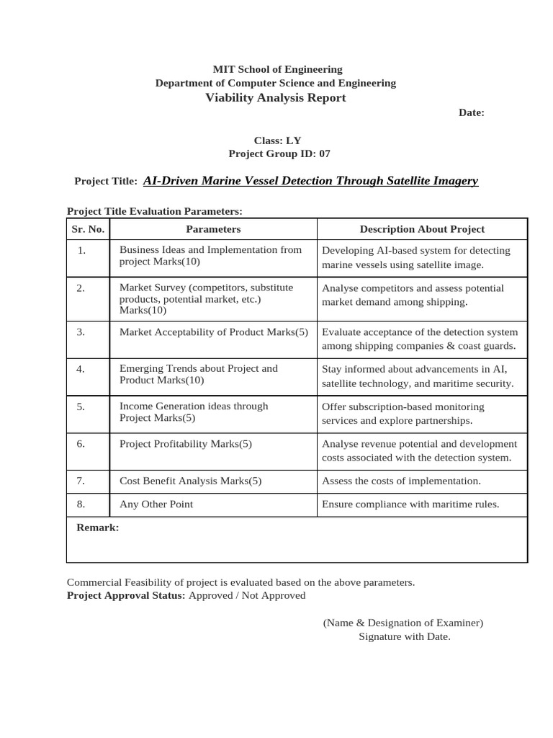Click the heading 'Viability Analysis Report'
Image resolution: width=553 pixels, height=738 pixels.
(x=276, y=97)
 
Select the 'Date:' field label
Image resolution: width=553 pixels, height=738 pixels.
(x=472, y=113)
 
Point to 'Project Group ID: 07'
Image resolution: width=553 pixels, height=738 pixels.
(x=279, y=154)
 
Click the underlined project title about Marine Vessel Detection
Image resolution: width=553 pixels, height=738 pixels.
(x=310, y=181)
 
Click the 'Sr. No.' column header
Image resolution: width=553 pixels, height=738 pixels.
(x=88, y=229)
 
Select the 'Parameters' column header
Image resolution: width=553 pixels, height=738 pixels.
(x=213, y=229)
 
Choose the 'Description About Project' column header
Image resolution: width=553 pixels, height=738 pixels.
(x=422, y=229)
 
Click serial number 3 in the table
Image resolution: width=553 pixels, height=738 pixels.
(x=81, y=332)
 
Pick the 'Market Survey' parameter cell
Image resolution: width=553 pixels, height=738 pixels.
(x=206, y=298)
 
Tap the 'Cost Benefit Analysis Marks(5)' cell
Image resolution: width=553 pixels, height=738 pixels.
(x=190, y=481)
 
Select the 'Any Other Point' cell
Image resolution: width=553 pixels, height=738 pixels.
(x=156, y=504)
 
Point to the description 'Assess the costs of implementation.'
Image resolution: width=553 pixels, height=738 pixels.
(x=401, y=481)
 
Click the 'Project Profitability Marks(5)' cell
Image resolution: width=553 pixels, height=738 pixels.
(x=186, y=443)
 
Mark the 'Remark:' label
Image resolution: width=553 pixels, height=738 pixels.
(x=98, y=528)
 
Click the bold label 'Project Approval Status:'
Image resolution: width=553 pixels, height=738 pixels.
(x=126, y=595)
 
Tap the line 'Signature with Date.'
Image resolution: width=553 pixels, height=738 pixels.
(x=404, y=636)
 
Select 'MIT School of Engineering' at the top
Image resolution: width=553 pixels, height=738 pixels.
(x=277, y=69)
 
